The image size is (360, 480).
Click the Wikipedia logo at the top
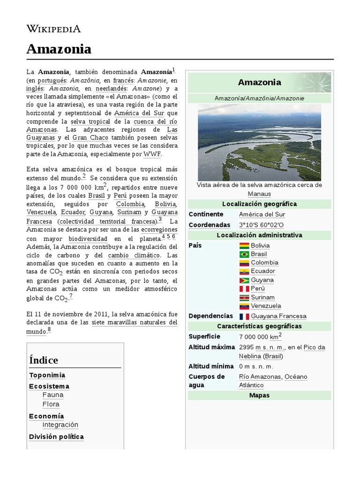point(53,29)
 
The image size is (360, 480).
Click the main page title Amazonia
point(59,49)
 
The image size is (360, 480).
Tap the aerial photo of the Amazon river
point(259,142)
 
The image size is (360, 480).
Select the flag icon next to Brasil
point(244,254)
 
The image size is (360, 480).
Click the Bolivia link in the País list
point(260,246)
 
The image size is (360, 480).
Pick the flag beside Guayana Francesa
point(244,316)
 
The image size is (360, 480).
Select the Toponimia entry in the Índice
point(47,375)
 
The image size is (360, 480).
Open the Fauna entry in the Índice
point(52,395)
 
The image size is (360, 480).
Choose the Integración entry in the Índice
point(60,425)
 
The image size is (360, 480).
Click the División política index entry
point(56,437)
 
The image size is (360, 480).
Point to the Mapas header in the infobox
point(259,396)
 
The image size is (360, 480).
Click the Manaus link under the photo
point(259,194)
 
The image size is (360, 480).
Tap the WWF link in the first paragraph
point(152,155)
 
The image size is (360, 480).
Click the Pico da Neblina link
point(314,347)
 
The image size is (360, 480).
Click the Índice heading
point(44,360)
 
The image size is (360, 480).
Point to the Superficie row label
point(204,337)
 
